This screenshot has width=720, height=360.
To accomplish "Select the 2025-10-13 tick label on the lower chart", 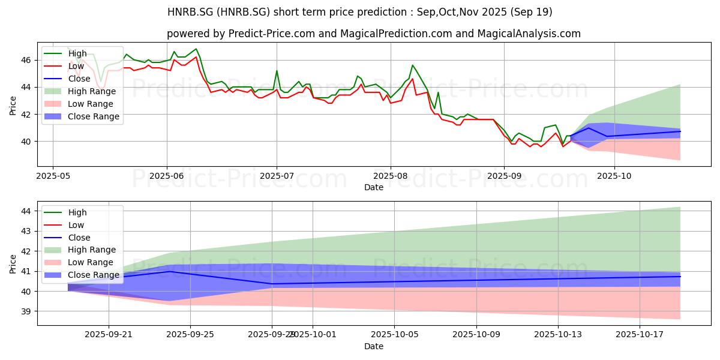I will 558,335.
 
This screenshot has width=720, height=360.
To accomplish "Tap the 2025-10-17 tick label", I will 640,335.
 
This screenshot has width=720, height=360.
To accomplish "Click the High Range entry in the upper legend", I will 92,91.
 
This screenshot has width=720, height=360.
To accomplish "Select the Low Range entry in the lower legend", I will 91,262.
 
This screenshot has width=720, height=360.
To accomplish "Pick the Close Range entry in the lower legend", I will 93,275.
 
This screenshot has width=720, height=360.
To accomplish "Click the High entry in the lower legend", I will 77,212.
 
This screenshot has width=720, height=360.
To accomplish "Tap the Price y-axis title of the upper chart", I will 13,105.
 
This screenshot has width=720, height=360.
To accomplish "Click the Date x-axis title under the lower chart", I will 374,347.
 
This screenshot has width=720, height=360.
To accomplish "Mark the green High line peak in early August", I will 412,65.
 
